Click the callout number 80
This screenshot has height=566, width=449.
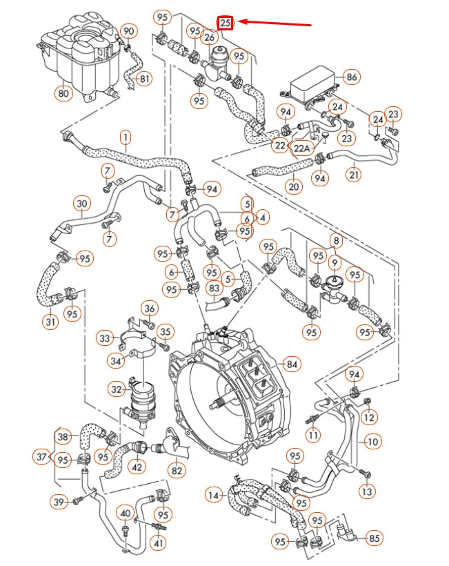(x=63, y=92)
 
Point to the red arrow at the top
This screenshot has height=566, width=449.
(x=276, y=23)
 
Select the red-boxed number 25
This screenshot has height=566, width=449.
(x=226, y=23)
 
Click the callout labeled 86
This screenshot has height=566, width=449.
(x=352, y=77)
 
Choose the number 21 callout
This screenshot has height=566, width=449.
(x=354, y=175)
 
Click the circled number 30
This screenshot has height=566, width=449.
(x=83, y=203)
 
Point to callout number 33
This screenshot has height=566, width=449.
(x=104, y=338)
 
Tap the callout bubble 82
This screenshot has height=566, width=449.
(x=177, y=470)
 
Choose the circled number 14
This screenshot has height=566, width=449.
(x=215, y=494)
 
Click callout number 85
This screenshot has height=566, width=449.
(x=375, y=538)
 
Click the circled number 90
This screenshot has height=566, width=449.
(x=129, y=30)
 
